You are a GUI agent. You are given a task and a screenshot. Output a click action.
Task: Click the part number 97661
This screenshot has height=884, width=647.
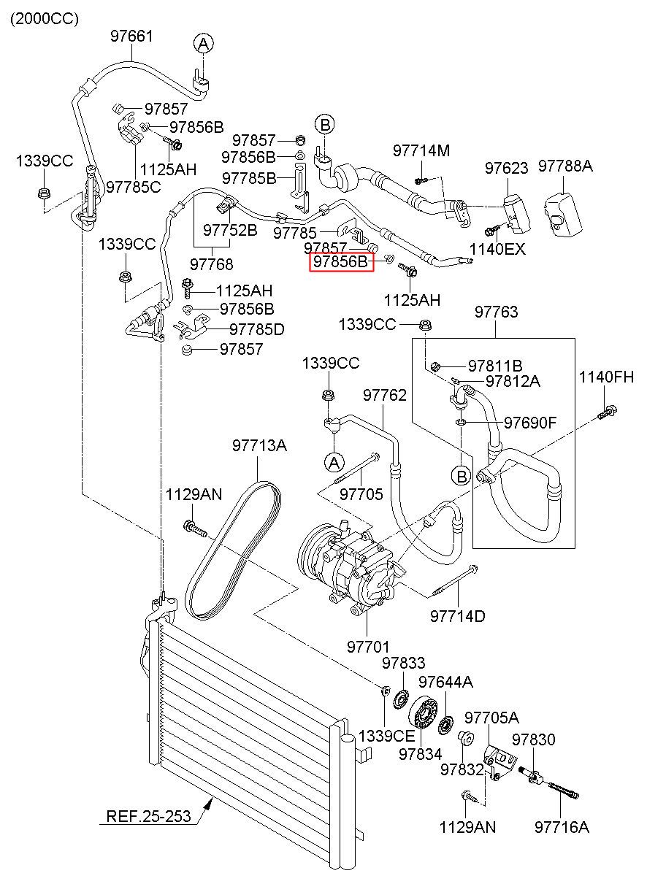click(x=131, y=36)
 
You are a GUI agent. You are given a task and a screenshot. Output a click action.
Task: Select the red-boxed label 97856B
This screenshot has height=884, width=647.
click(x=341, y=261)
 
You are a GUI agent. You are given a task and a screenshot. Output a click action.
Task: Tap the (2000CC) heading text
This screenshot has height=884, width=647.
click(x=45, y=19)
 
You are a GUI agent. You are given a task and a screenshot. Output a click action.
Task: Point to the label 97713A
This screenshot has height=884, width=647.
click(x=259, y=445)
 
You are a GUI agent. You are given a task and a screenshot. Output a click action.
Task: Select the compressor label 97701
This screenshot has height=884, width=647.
click(x=368, y=647)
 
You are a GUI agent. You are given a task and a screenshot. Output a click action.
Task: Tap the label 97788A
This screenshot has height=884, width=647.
click(x=565, y=166)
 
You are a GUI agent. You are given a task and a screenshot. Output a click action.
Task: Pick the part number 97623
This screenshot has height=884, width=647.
click(x=507, y=168)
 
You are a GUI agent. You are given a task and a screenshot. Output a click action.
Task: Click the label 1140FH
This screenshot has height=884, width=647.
click(x=606, y=377)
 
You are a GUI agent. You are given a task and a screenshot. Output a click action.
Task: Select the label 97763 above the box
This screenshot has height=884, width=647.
click(x=497, y=312)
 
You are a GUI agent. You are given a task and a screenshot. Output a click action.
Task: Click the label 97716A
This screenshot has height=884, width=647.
click(x=562, y=827)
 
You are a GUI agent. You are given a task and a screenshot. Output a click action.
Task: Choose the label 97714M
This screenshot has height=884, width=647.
click(x=421, y=151)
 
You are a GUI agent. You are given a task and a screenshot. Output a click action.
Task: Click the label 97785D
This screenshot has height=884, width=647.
click(x=257, y=329)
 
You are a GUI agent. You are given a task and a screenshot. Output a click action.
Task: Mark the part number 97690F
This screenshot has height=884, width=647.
click(x=530, y=423)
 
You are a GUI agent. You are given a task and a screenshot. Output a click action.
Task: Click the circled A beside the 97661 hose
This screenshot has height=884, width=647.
click(x=203, y=44)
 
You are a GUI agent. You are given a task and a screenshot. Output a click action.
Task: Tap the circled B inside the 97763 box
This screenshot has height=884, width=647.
click(x=462, y=477)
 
